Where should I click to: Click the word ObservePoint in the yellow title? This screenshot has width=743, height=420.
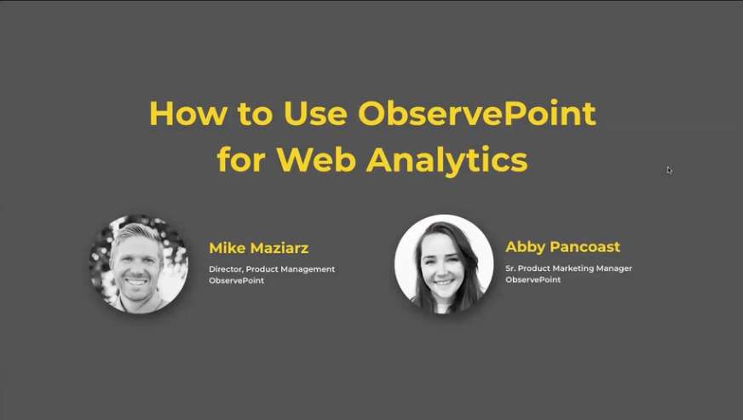coord(476,114)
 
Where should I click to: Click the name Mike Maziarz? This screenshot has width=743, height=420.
coord(258,249)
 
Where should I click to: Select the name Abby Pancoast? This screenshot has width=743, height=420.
coord(562,247)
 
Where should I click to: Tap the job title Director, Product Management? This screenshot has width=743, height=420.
coord(272,269)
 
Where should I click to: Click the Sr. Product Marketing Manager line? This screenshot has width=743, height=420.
coord(568,268)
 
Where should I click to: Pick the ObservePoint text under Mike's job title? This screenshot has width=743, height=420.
coord(236,280)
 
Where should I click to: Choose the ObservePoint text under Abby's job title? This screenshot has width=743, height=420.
coord(533,279)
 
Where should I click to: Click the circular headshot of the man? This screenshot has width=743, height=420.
coord(139,264)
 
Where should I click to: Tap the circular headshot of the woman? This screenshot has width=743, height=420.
coord(444,264)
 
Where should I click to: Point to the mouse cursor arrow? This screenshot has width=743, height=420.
coord(670,170)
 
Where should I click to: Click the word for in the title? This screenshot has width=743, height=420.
coord(240,160)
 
